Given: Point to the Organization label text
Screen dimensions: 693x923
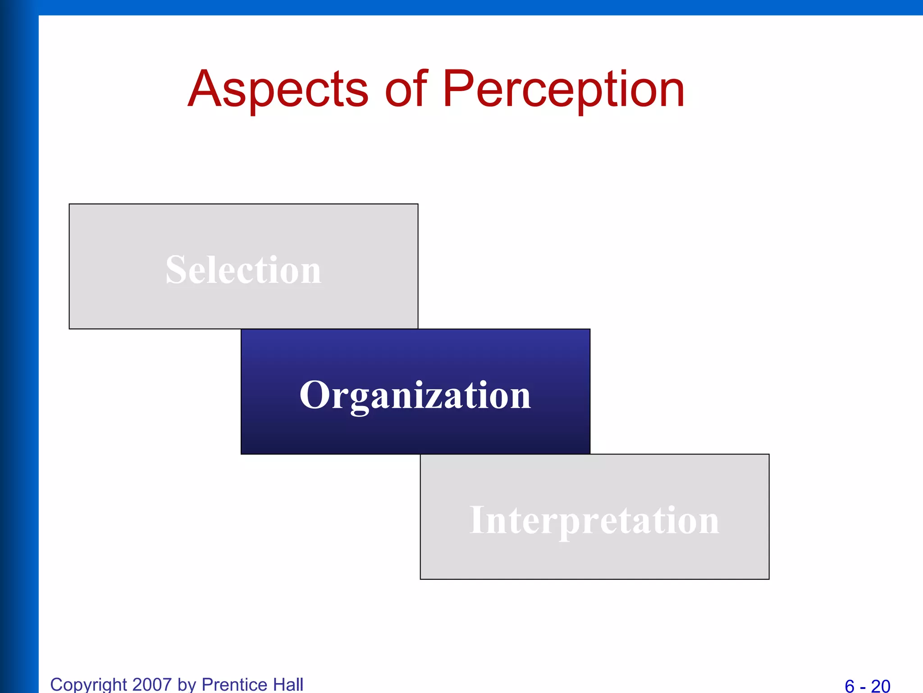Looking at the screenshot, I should pyautogui.click(x=415, y=395).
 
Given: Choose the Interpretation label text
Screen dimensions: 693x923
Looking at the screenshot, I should pyautogui.click(x=594, y=520).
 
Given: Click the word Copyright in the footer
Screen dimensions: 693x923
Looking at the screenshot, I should pyautogui.click(x=88, y=684).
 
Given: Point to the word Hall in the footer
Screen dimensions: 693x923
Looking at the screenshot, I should pyautogui.click(x=288, y=684).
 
